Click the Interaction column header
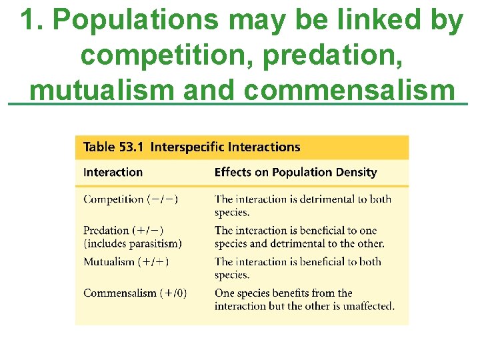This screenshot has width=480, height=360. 113,173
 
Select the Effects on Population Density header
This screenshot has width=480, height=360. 295,173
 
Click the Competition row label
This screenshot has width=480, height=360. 113,199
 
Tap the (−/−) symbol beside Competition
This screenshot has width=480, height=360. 163,199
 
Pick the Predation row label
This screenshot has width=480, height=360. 107,231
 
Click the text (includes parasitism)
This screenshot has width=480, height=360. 133,243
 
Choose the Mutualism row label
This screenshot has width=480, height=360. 109,261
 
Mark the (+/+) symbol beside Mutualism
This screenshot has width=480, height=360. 153,261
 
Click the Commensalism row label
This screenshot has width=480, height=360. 120,293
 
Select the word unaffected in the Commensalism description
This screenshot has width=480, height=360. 366,306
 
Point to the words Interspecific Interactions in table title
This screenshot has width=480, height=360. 225,147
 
